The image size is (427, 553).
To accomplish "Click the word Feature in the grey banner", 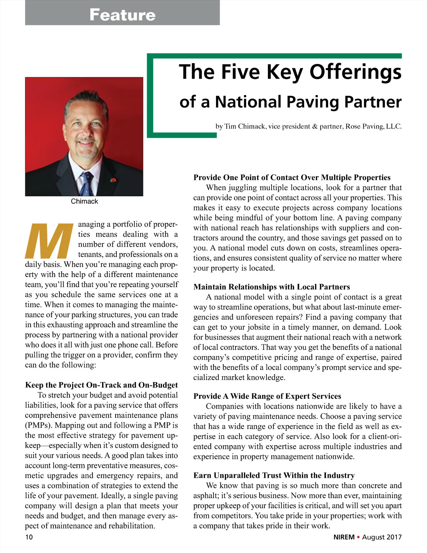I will [122, 15].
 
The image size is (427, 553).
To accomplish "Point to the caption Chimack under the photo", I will [84, 201].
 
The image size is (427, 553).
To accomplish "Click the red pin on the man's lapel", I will [114, 180].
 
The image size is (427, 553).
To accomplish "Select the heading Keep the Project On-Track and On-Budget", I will [101, 385].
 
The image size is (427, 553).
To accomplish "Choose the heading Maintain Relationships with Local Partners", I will [272, 287].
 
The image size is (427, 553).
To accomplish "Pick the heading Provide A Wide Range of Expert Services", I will [267, 396].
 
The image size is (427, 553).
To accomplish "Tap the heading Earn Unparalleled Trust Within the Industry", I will [274, 475].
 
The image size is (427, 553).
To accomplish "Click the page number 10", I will [29, 537].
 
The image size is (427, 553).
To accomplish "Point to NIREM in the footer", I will [344, 537].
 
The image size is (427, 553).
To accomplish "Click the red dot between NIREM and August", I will [358, 537].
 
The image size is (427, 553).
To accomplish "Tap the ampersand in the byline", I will [315, 126].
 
